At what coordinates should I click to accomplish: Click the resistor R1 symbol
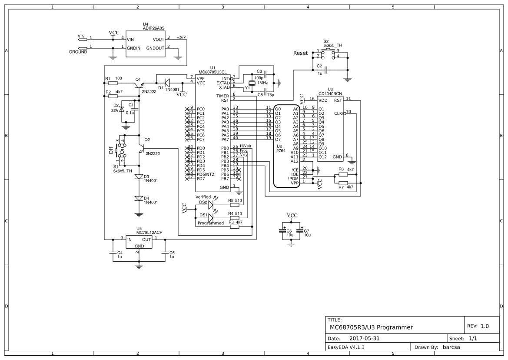[113, 83]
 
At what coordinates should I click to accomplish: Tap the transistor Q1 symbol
[140, 85]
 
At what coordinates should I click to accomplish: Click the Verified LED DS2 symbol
[211, 203]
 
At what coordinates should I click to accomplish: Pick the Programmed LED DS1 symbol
[211, 217]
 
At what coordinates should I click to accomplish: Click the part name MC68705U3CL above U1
[212, 72]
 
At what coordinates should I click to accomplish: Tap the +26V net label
[181, 37]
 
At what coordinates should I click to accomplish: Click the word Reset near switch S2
[300, 53]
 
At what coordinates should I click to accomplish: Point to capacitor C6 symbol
[285, 231]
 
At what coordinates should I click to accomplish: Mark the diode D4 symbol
[139, 198]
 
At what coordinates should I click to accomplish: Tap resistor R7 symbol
[343, 183]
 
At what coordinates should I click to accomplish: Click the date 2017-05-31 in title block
[364, 338]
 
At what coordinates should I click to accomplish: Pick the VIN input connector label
[81, 37]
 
